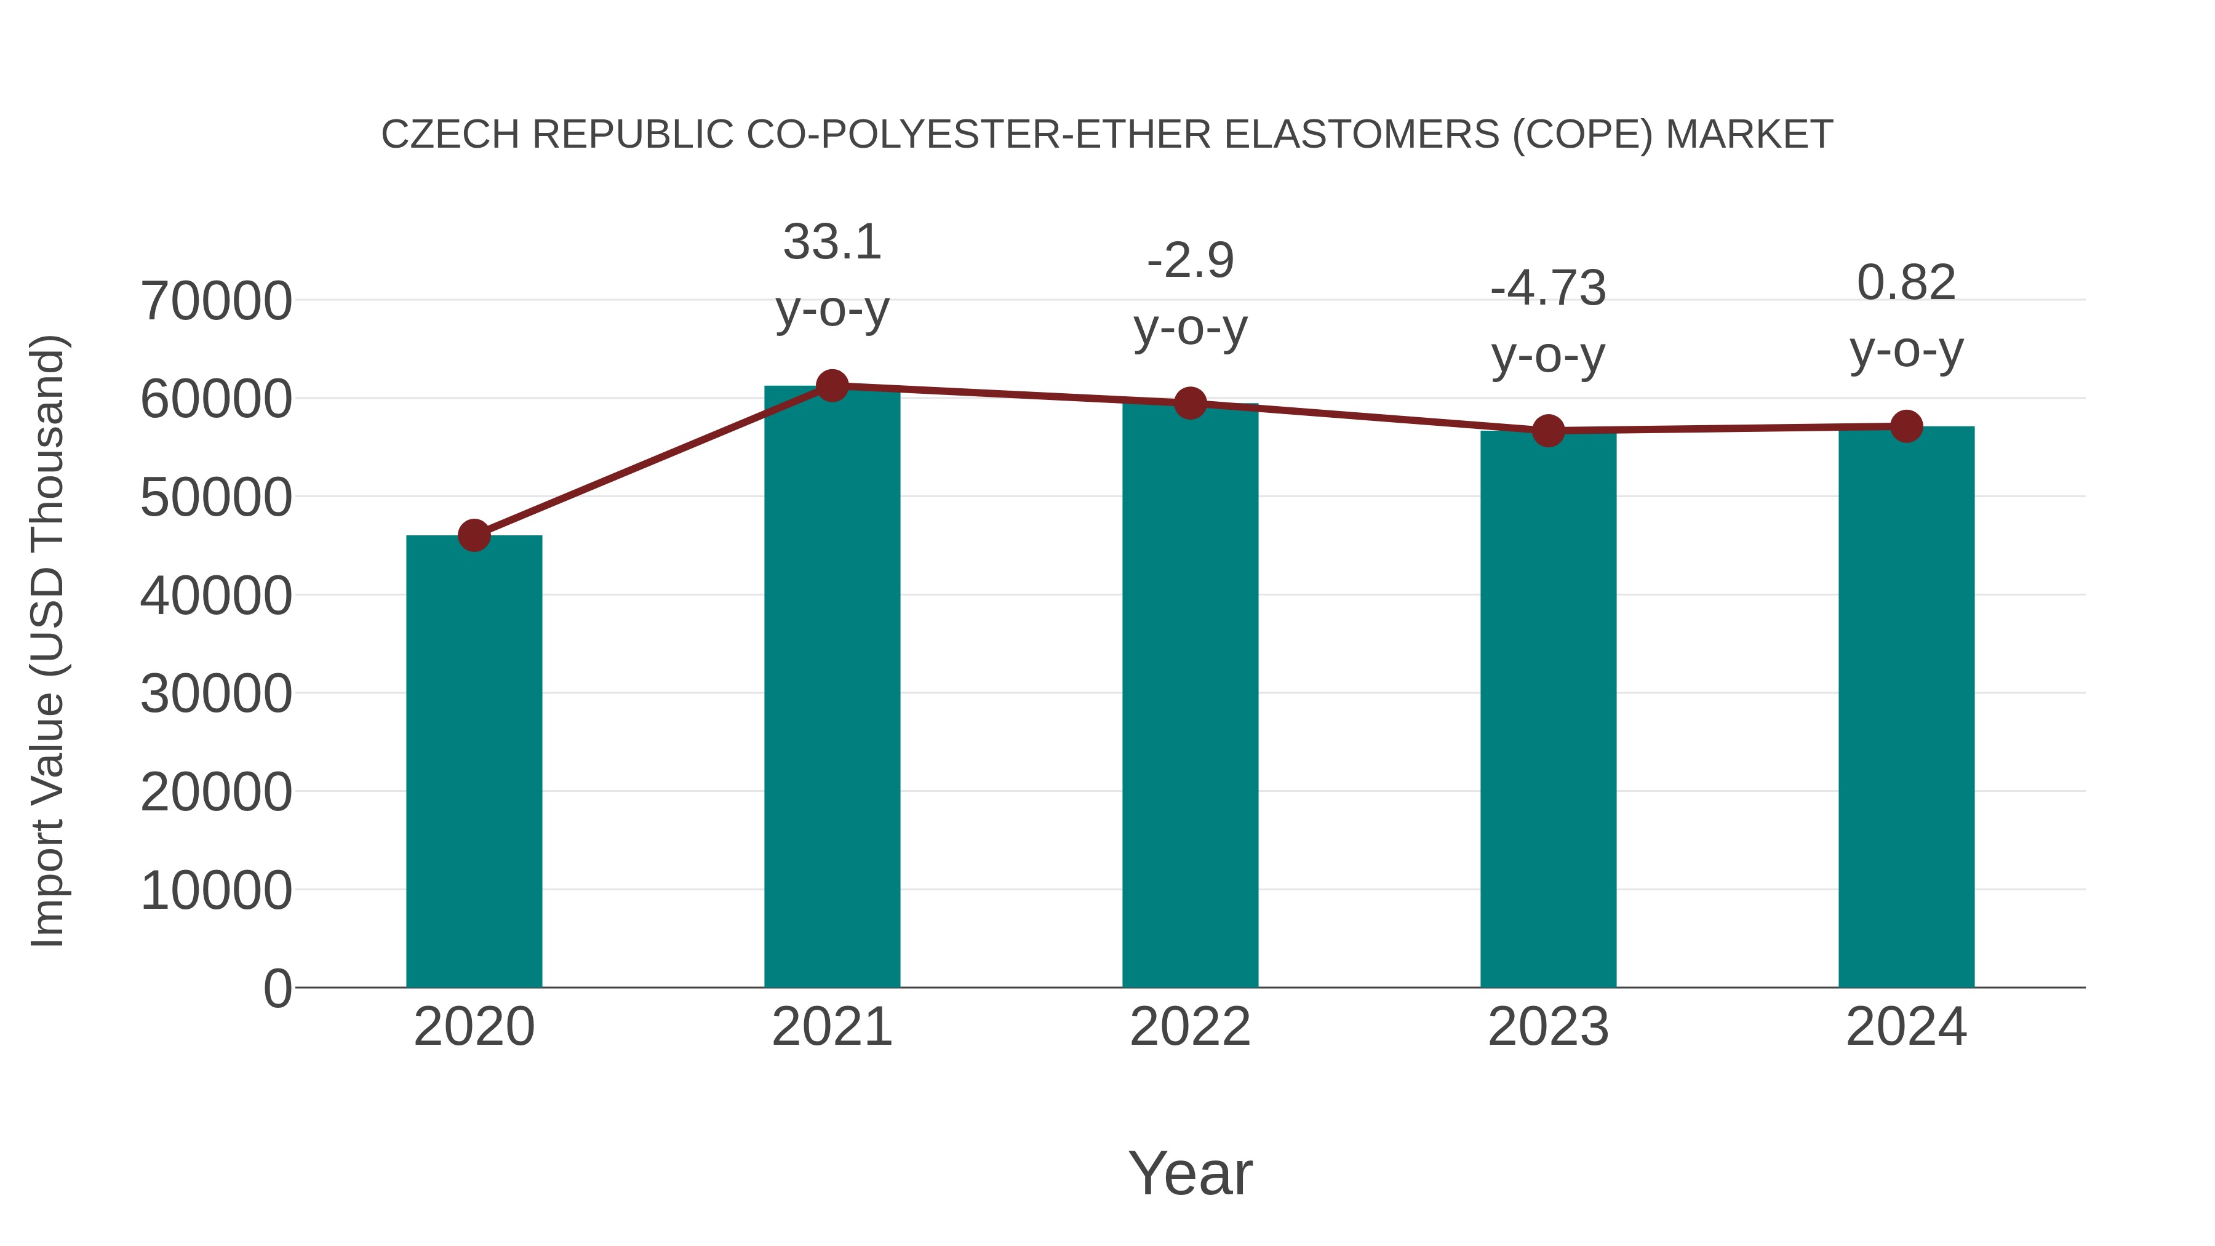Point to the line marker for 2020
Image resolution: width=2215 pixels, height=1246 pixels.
tap(474, 536)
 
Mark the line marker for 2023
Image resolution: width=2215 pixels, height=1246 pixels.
tap(1549, 431)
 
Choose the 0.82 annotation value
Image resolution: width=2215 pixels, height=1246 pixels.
tap(1906, 283)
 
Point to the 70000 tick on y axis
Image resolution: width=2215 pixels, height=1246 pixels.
tap(216, 302)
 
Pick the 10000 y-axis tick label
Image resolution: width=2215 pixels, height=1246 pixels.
tap(216, 891)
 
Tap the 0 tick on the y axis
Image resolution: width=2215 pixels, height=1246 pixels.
tap(277, 989)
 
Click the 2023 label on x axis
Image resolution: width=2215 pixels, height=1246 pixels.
tap(1548, 1027)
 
